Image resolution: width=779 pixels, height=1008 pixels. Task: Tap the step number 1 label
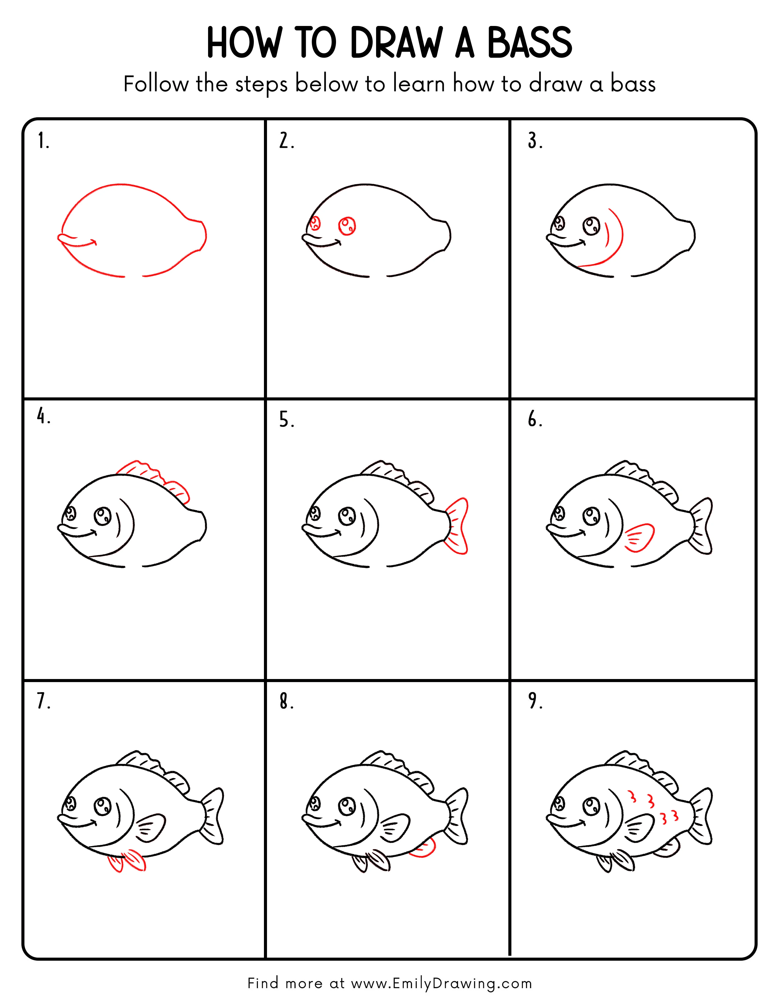pos(43,141)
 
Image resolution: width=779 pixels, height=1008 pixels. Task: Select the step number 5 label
pos(286,420)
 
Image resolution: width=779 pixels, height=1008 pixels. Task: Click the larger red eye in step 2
pos(347,226)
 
